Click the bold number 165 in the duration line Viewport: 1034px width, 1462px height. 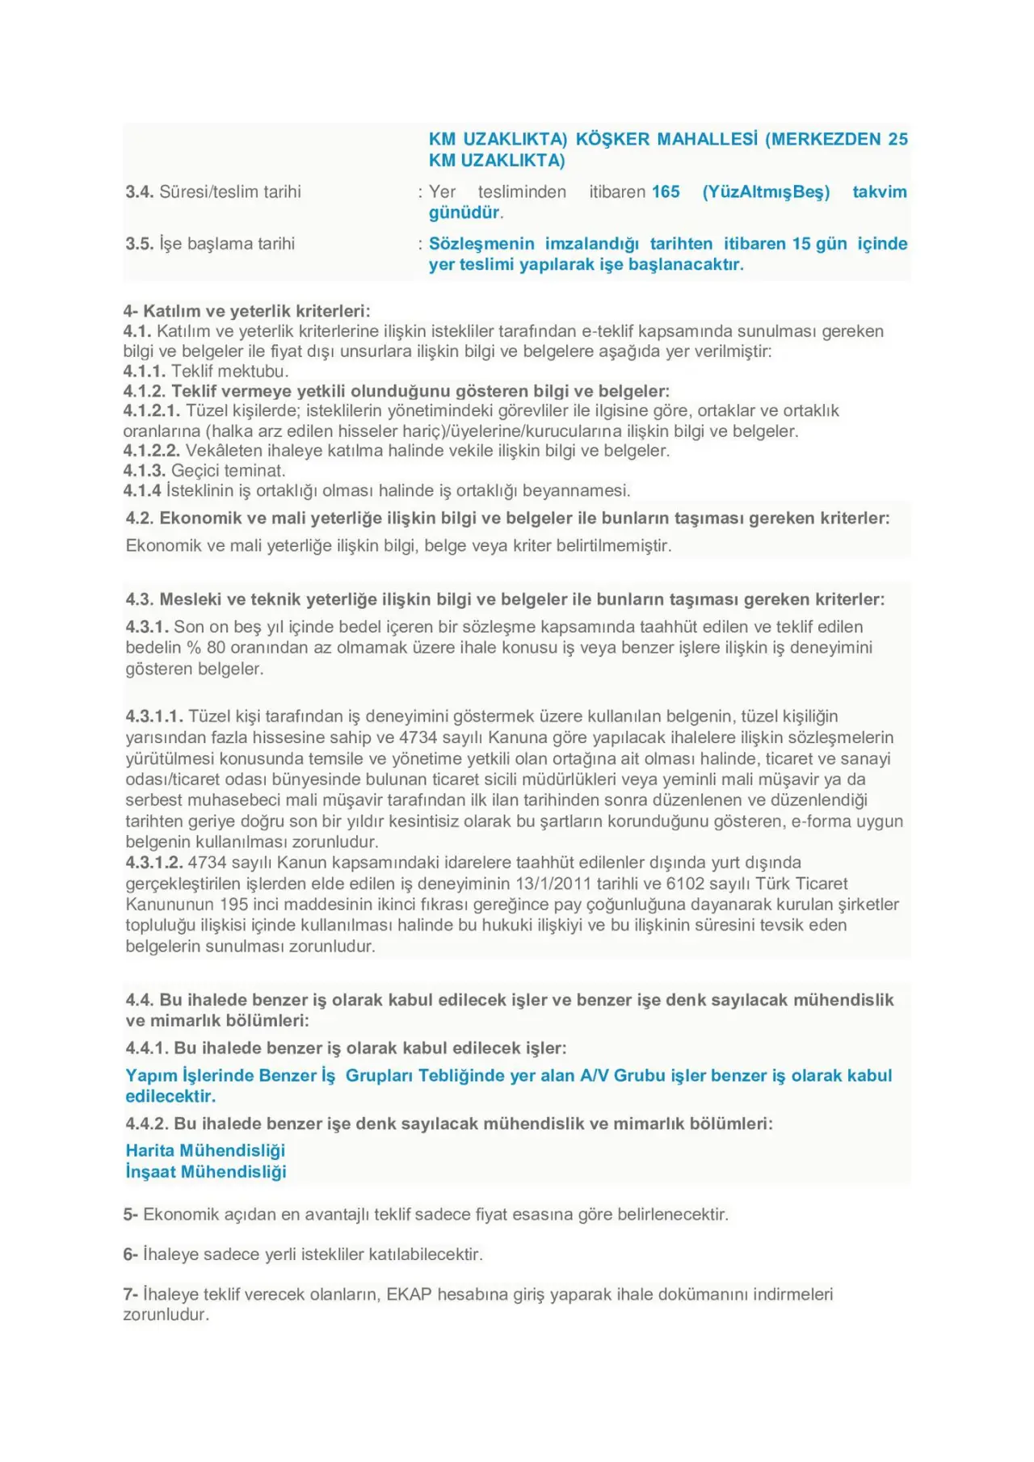click(x=666, y=192)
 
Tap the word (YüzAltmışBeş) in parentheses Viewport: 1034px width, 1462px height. click(x=766, y=192)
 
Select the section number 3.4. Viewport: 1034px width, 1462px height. click(x=139, y=192)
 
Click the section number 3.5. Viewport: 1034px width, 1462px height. click(x=139, y=244)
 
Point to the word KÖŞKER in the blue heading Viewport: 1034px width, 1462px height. click(x=612, y=139)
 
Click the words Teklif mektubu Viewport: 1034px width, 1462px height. click(x=229, y=372)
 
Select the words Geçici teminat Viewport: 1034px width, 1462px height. click(x=228, y=471)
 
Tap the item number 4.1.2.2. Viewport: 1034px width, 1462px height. click(x=152, y=451)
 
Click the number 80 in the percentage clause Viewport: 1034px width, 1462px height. click(x=216, y=648)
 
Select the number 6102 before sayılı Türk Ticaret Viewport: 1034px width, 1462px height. click(x=686, y=884)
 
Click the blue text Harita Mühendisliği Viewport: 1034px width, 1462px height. click(x=205, y=1150)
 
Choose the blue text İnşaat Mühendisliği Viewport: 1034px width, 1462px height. click(x=205, y=1171)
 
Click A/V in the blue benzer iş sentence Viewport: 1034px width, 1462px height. click(x=595, y=1076)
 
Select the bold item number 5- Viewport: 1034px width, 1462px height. click(x=130, y=1215)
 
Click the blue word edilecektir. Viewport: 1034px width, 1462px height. click(x=170, y=1096)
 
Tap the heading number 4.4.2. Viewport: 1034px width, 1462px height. click(x=147, y=1124)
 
